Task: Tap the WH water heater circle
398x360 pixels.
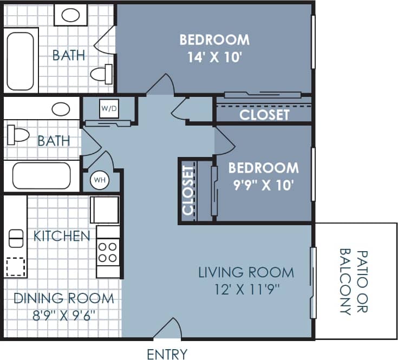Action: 99,179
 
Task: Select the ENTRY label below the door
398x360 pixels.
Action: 167,354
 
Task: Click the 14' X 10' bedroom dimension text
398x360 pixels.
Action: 214,57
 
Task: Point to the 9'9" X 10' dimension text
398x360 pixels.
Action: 263,185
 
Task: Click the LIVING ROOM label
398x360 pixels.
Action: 246,272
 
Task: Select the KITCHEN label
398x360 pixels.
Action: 62,236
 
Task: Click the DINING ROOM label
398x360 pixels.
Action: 63,298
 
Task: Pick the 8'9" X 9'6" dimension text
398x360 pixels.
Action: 63,315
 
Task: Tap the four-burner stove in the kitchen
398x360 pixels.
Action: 107,252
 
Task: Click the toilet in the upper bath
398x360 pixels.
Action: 101,74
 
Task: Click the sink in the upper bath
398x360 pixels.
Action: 70,14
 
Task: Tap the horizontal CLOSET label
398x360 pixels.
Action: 264,115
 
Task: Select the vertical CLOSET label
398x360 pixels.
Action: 188,191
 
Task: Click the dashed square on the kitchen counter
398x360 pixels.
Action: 15,266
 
